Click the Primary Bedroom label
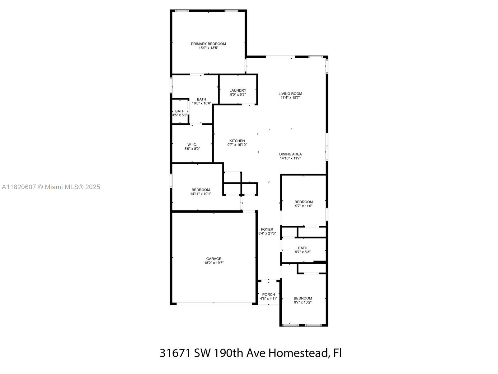coord(208,44)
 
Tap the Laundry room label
coord(238,90)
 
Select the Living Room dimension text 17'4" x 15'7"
coord(290,98)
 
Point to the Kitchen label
coord(237,141)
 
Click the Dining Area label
coord(290,154)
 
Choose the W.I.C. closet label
coord(192,145)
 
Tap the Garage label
coord(214,259)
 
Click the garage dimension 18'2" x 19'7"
coord(214,263)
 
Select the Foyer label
coord(267,229)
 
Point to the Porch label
coord(269,295)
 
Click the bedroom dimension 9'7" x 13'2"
coord(303,302)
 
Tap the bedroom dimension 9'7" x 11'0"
coord(303,206)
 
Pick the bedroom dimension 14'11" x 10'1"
coord(200,194)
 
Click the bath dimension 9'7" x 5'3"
coord(303,252)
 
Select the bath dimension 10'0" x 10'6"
coord(201,103)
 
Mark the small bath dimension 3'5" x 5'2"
coord(180,115)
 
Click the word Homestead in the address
coord(299,353)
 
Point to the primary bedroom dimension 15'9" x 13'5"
coord(208,48)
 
